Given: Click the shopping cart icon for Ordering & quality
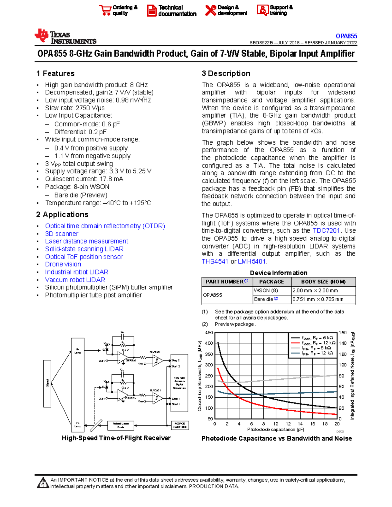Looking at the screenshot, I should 105,10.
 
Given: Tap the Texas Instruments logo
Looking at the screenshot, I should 65,37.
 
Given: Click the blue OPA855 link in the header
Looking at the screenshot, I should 346,36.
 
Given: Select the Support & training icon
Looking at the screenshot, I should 262,10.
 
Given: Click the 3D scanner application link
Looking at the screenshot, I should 62,234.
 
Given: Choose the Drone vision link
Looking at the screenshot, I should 63,264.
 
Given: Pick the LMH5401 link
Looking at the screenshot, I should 252,261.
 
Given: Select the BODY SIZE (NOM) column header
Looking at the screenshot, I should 323,281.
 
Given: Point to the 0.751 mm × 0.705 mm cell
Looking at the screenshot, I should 318,299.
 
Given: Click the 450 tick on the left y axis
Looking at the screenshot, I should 208,333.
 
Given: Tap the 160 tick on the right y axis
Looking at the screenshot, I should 343,333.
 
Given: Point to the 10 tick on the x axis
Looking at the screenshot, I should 276,424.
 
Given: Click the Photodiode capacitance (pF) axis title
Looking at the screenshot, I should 275,429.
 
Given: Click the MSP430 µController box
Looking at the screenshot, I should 180,425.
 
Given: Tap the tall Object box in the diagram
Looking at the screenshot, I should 47,384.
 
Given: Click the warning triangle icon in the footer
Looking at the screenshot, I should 43,483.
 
